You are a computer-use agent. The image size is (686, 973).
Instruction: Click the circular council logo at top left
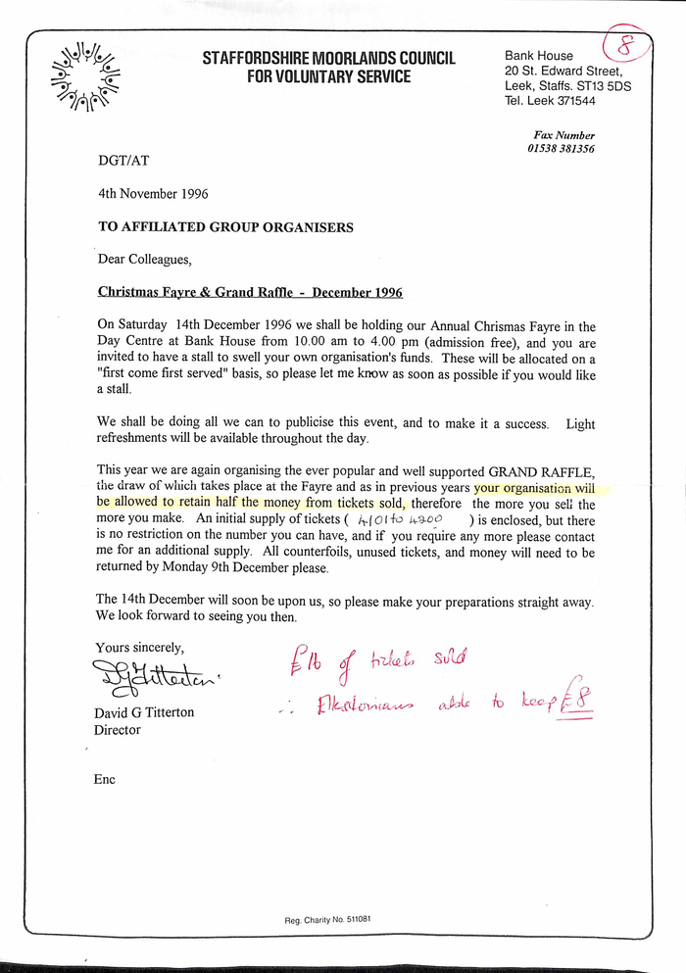85,74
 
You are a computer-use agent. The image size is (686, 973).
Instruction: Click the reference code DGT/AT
123,160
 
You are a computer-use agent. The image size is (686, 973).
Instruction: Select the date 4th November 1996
153,194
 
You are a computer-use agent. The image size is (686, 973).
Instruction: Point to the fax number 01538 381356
562,149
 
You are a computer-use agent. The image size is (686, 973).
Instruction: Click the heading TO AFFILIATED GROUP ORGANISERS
225,227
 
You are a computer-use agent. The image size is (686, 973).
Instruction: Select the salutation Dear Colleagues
144,260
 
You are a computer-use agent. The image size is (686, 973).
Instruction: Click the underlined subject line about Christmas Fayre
250,292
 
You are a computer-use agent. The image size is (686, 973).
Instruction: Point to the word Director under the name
117,730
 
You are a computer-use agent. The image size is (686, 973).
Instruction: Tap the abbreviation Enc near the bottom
105,779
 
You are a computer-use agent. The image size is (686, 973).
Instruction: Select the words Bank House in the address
539,56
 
